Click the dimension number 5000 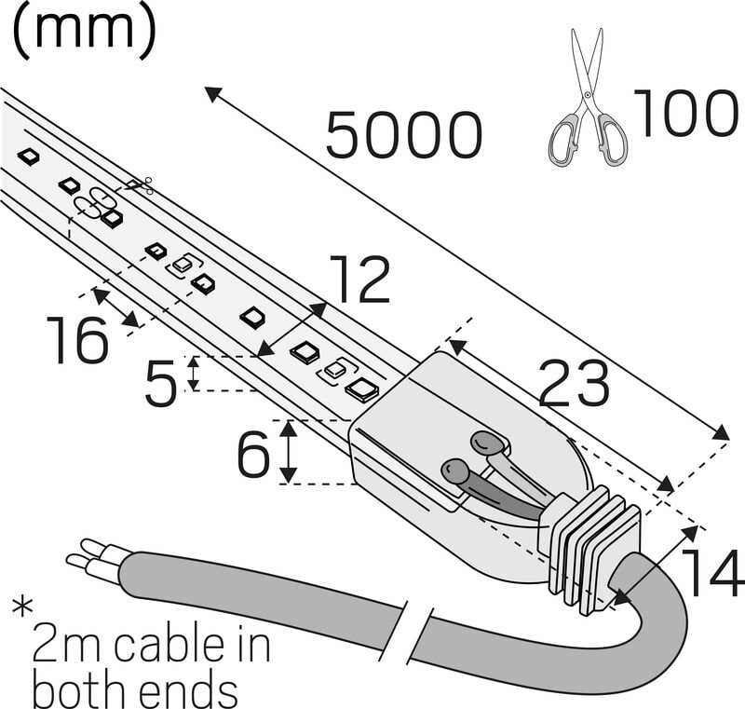(404, 136)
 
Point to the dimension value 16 (78, 340)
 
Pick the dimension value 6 (253, 455)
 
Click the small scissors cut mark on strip (141, 186)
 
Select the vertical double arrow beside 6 (289, 452)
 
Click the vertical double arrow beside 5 (194, 373)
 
